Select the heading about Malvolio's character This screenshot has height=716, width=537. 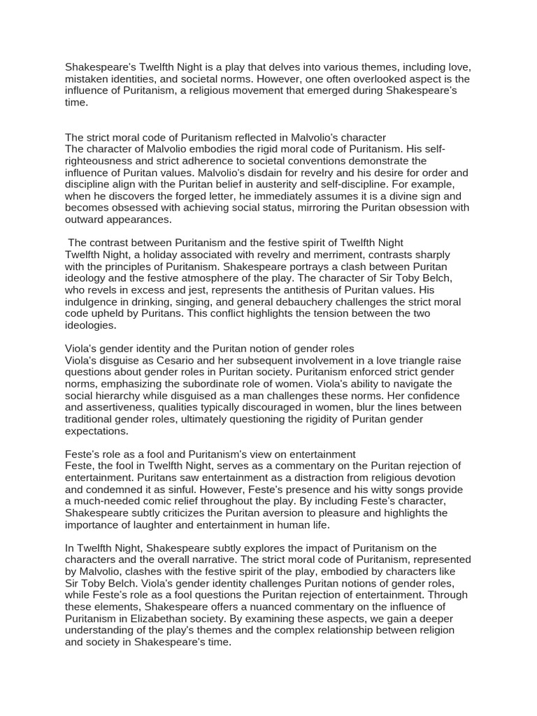click(x=225, y=138)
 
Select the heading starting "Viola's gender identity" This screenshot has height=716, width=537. click(x=210, y=348)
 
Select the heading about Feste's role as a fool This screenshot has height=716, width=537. click(x=210, y=454)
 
